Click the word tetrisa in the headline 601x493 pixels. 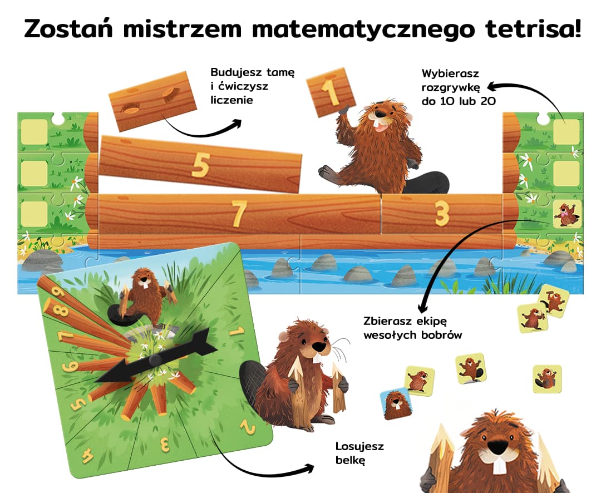click(x=533, y=28)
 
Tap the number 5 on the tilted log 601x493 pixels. click(x=201, y=165)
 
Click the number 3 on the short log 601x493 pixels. click(x=442, y=213)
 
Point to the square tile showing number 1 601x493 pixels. click(x=331, y=92)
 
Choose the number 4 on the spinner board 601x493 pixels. click(x=87, y=455)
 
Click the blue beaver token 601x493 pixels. click(x=396, y=404)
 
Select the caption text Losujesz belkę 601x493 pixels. click(x=359, y=453)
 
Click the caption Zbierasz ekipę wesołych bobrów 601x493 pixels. click(x=412, y=328)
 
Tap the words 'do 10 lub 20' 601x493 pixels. click(x=459, y=101)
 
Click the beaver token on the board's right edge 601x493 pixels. click(x=567, y=214)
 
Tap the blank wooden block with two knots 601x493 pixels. click(x=152, y=101)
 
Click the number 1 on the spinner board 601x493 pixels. click(x=237, y=331)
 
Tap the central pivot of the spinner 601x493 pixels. click(x=155, y=360)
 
